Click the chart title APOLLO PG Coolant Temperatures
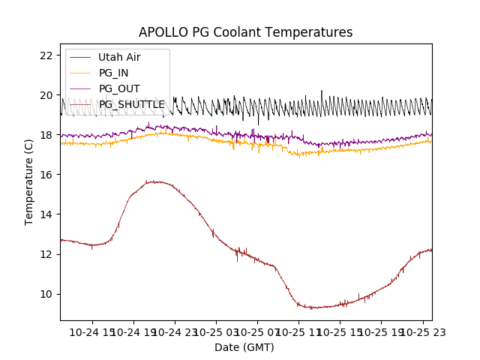click(245, 32)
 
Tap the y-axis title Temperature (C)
click(29, 181)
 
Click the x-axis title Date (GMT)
click(244, 347)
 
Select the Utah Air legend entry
click(119, 57)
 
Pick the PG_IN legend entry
click(113, 73)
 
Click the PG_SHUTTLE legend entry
click(131, 104)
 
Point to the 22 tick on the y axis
click(46, 55)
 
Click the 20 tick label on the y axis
click(46, 95)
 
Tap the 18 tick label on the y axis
click(46, 135)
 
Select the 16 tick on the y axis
click(46, 175)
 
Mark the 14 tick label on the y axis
click(46, 214)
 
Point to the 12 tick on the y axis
click(46, 254)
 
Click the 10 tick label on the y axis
click(46, 294)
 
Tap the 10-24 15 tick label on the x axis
click(94, 331)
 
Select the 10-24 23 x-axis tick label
click(175, 331)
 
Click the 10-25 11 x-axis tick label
click(298, 331)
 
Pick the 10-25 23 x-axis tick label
click(421, 331)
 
